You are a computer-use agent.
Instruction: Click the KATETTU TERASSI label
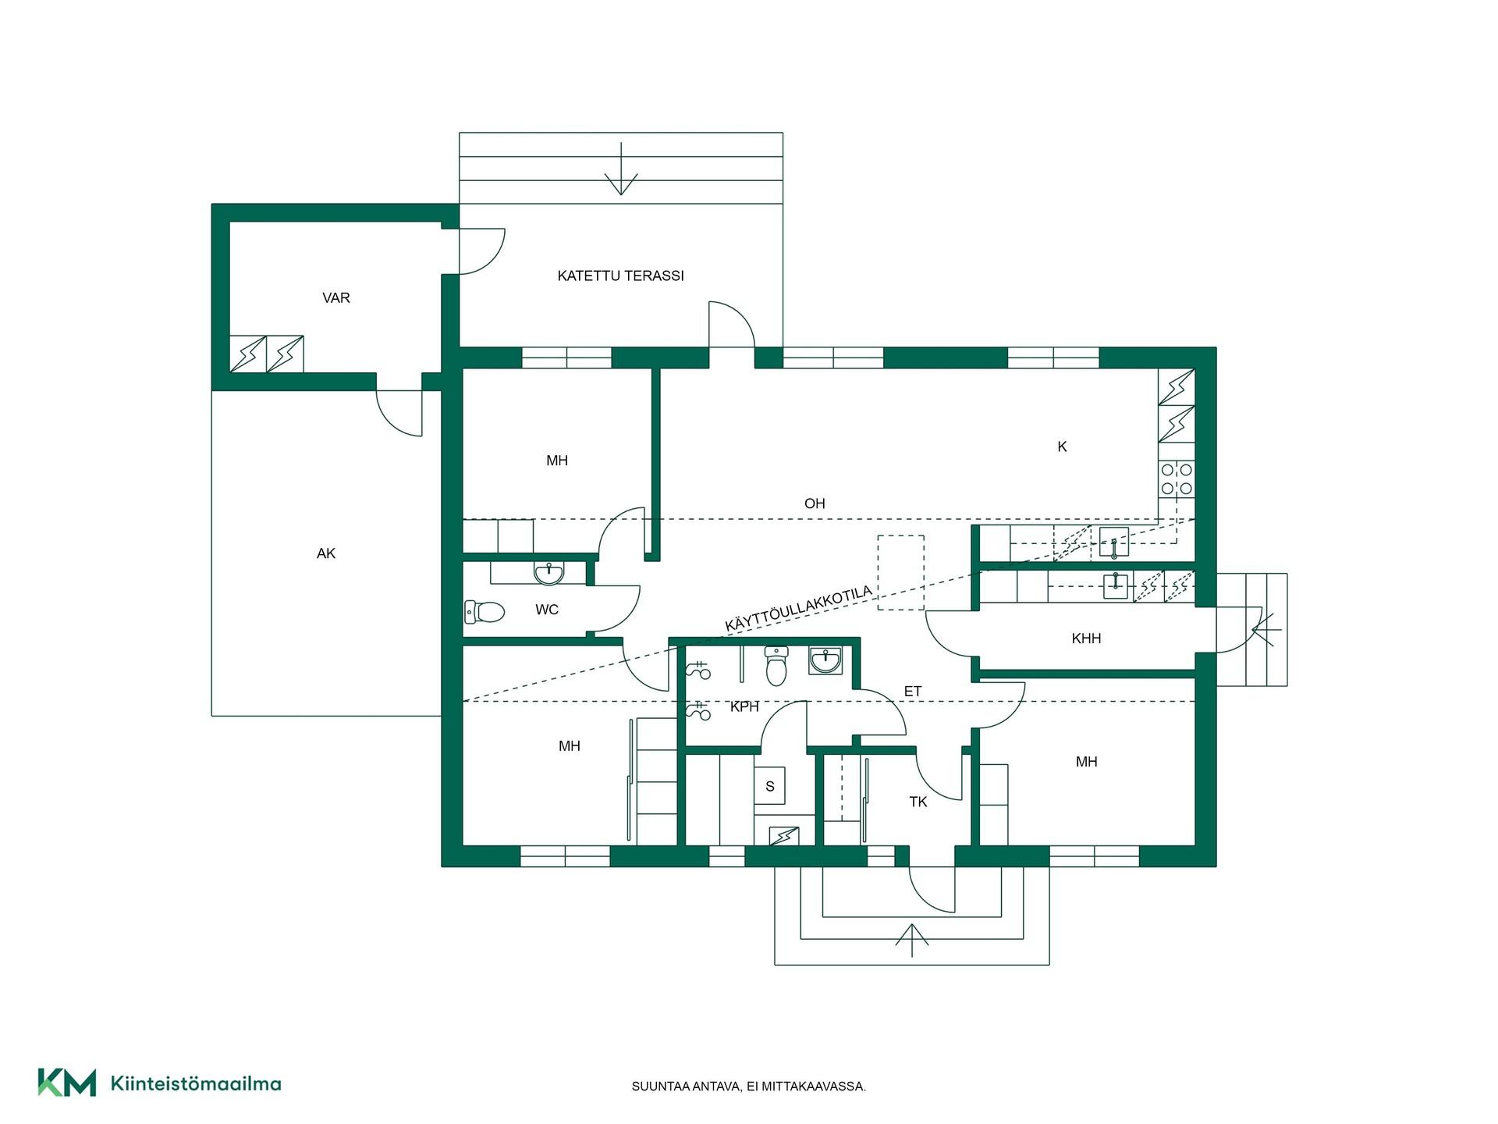pos(620,276)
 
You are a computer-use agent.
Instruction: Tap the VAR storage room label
pos(336,297)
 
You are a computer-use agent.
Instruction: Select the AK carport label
pos(326,553)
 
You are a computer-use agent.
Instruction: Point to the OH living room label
pos(815,503)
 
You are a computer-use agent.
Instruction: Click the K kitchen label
pos(1062,446)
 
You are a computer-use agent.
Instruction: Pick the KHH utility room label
pos(1086,638)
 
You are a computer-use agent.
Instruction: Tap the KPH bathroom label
pos(744,706)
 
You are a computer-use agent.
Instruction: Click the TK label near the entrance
pos(918,802)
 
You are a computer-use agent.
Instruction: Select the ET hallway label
pos(913,692)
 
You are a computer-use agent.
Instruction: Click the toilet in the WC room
pos(485,611)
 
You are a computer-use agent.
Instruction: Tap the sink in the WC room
pos(548,574)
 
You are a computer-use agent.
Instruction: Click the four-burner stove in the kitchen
pos(1177,479)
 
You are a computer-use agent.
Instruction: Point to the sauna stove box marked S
pos(769,786)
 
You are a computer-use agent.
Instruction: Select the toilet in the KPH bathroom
pos(776,665)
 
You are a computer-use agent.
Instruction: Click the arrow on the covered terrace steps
pos(621,169)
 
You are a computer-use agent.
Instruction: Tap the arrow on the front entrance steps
pos(911,940)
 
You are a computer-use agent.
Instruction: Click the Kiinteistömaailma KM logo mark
pos(67,1083)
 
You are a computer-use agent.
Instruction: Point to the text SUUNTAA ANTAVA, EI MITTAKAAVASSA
pos(749,1087)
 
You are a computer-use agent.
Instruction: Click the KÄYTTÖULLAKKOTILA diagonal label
pos(798,610)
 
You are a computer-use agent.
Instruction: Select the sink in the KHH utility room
pos(1116,585)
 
